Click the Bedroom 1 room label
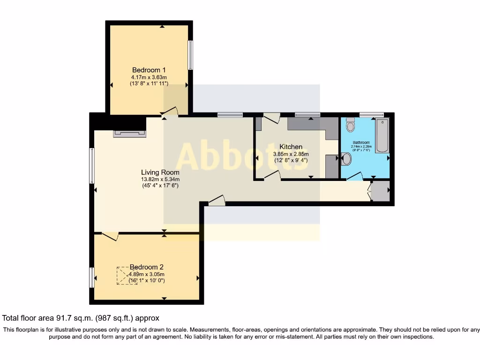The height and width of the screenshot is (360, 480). tap(149, 70)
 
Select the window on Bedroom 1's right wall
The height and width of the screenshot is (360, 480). tap(190, 55)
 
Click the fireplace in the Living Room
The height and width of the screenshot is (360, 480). tap(129, 134)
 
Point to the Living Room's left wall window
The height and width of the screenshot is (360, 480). tap(92, 165)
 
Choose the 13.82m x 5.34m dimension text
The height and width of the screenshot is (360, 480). tap(160, 179)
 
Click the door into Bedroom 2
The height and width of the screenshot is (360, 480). tap(110, 236)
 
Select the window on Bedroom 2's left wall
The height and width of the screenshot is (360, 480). tap(92, 277)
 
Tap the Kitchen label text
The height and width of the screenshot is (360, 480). tap(291, 147)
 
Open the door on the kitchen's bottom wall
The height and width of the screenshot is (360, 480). tap(272, 175)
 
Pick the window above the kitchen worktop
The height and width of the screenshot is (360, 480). tap(307, 114)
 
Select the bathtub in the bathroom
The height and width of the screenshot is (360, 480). tap(382, 135)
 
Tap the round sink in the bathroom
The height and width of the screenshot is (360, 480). tap(346, 159)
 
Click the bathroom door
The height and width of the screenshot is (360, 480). tap(355, 176)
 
